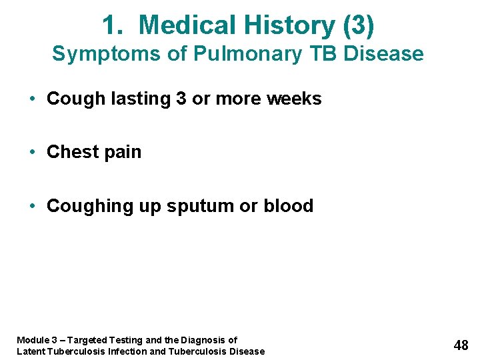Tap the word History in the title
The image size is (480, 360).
289,25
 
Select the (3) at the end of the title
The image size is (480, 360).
358,25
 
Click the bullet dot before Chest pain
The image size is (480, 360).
33,153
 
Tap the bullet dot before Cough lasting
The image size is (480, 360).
33,99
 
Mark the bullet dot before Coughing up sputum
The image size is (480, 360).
33,207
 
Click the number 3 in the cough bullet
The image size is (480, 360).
181,99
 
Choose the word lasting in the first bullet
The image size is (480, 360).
141,99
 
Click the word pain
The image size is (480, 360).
123,153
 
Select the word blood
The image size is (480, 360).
288,206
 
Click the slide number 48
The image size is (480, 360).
461,345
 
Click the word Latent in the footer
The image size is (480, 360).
31,351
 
